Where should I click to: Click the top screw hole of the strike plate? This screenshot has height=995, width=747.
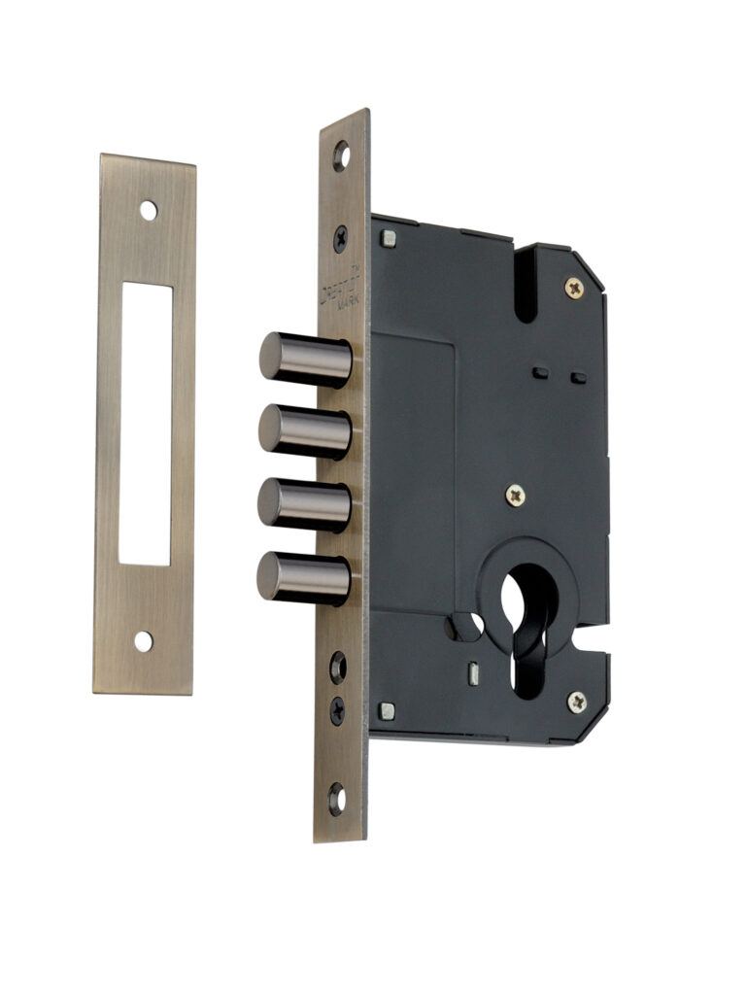(x=147, y=209)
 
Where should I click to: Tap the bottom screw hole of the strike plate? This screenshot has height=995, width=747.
(x=144, y=641)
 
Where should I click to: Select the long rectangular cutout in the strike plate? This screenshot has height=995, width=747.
(x=147, y=423)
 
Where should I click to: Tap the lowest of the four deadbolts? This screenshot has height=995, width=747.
(x=303, y=577)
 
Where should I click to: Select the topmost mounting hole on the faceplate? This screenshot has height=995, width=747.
(x=341, y=155)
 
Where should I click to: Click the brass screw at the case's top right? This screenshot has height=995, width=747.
(x=574, y=287)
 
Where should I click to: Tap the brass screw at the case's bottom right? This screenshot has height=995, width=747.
(x=576, y=702)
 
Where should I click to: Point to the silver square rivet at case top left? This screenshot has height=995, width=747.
(x=389, y=236)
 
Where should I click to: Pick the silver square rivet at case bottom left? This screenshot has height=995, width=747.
(x=387, y=710)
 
